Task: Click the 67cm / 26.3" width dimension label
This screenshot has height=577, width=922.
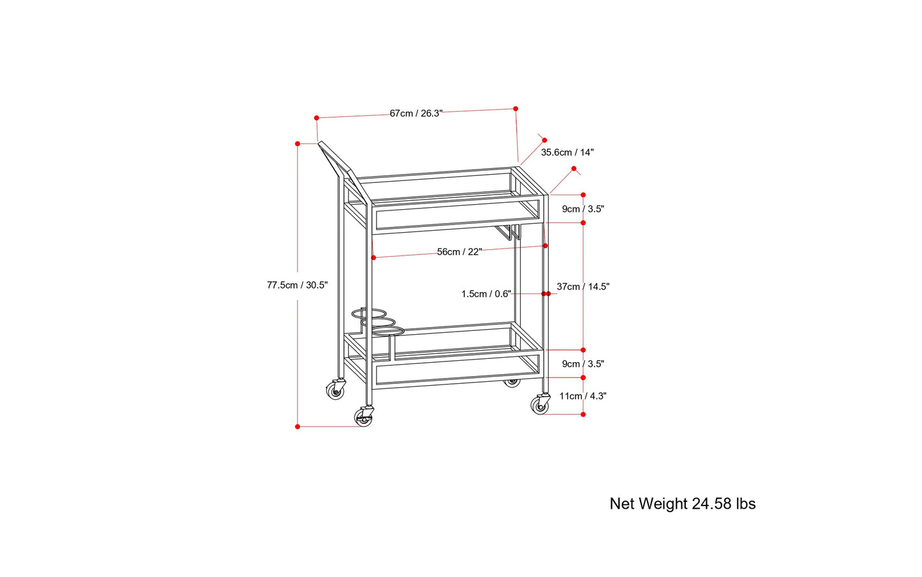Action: point(416,113)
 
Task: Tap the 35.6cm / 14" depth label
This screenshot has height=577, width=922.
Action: point(567,152)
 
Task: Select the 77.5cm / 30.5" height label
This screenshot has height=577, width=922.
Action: point(297,285)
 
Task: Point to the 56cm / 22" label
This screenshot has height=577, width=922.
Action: point(459,252)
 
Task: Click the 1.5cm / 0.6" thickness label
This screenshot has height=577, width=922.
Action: point(486,294)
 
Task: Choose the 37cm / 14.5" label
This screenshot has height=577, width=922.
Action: point(583,287)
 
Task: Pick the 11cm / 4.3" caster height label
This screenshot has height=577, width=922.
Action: point(583,396)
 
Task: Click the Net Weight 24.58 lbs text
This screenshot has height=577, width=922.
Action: point(683,504)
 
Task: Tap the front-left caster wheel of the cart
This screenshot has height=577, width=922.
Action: point(363,417)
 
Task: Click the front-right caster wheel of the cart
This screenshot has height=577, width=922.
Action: point(540,405)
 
